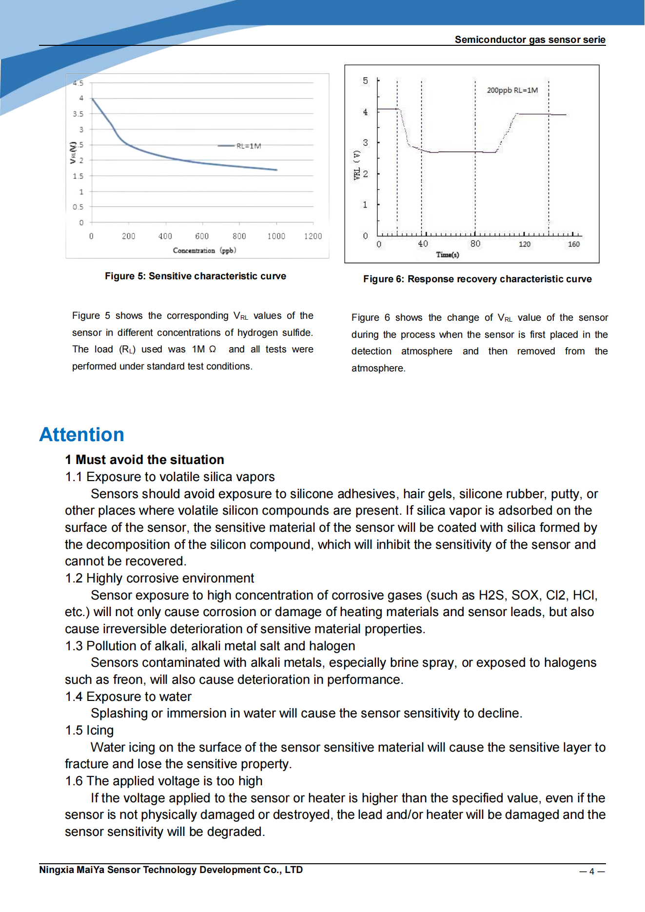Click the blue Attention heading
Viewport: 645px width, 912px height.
point(81,434)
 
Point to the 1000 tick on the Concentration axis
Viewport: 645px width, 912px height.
point(276,236)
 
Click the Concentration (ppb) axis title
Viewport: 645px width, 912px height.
point(204,251)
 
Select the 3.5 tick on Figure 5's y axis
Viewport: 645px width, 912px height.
point(78,114)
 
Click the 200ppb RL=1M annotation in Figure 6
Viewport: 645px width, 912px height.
point(512,90)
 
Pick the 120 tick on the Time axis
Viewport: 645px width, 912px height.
point(524,244)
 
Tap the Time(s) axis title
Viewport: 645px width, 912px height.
point(447,255)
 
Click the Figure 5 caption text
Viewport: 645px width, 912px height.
point(195,276)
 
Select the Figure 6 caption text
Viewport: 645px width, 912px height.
point(477,279)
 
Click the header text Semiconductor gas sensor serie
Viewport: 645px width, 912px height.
point(529,40)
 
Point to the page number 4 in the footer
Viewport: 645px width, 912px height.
point(591,872)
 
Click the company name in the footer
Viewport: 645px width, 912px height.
point(171,870)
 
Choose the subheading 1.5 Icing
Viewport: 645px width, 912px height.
point(89,731)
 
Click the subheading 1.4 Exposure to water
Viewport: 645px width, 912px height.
point(128,697)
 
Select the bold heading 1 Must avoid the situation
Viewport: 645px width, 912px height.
point(144,460)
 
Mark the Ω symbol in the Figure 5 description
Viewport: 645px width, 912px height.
point(212,349)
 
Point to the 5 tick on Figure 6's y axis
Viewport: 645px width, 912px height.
point(365,81)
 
